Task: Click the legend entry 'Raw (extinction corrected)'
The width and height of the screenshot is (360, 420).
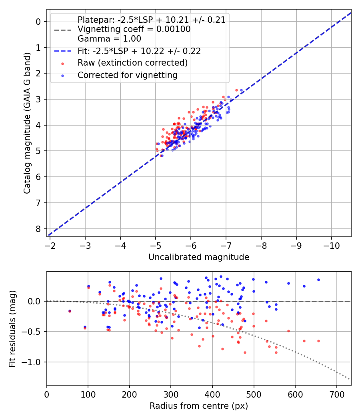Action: pyautogui.click(x=132, y=63)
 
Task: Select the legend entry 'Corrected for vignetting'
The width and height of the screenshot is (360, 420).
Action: pyautogui.click(x=127, y=75)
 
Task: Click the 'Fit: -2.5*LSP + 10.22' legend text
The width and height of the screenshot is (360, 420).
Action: pyautogui.click(x=139, y=51)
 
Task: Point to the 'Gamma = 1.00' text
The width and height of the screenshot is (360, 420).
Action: pyautogui.click(x=109, y=39)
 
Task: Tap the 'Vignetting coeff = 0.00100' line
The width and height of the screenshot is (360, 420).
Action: pyautogui.click(x=134, y=29)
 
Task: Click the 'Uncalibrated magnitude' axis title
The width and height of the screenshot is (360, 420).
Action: pyautogui.click(x=199, y=257)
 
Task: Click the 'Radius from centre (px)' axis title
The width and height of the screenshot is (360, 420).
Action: pyautogui.click(x=199, y=406)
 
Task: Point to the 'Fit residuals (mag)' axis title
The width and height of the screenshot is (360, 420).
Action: pyautogui.click(x=13, y=329)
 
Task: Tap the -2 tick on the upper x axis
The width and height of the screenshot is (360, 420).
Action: pyautogui.click(x=50, y=244)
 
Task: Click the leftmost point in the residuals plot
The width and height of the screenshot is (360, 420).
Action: pyautogui.click(x=70, y=311)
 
